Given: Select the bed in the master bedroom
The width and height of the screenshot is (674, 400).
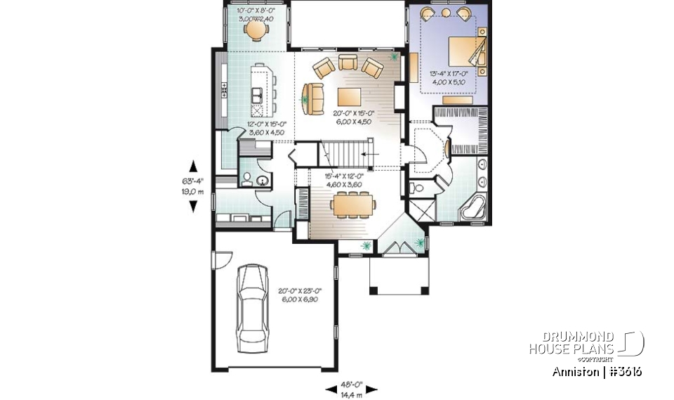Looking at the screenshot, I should [x=463, y=53].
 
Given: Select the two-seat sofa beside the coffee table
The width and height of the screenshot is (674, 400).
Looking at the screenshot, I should [x=313, y=98].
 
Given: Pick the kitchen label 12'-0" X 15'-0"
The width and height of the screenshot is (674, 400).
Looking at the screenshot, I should [x=265, y=128].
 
